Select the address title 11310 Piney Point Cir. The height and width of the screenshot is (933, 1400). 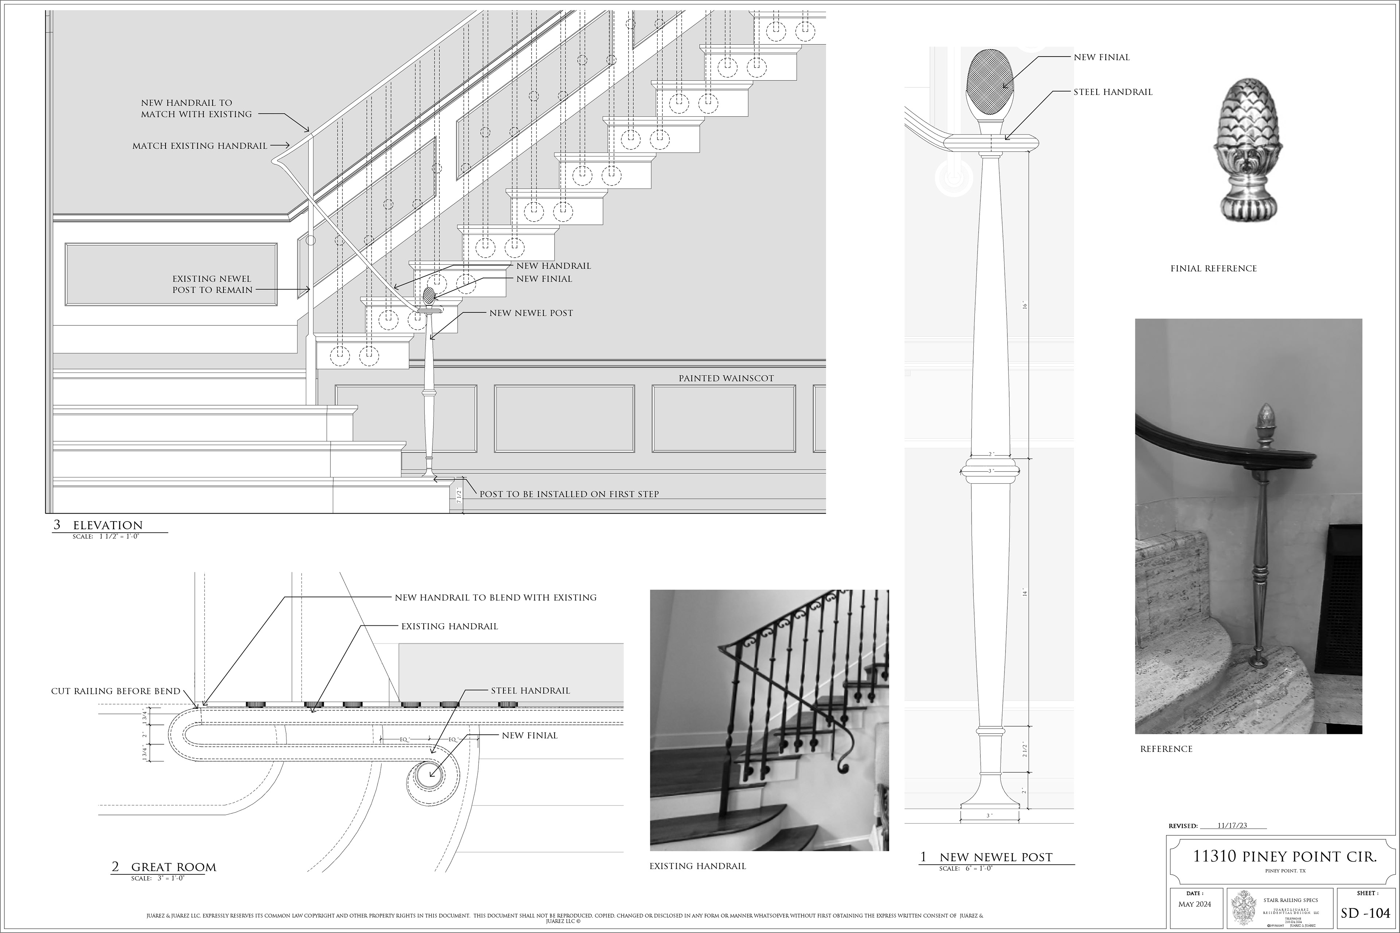1284,857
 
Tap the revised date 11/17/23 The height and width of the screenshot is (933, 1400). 1232,825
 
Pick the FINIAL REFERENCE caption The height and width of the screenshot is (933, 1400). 1213,268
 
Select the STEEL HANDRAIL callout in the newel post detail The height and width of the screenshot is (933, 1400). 1112,92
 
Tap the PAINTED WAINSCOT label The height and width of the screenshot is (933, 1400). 726,378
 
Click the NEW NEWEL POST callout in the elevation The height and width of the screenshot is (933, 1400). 531,313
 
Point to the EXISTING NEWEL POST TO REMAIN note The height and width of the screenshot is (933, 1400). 213,284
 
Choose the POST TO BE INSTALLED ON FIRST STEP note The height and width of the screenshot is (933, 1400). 569,494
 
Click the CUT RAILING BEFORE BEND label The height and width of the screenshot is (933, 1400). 116,691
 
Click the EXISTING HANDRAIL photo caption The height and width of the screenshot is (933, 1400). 697,866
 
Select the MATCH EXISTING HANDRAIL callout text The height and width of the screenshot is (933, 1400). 199,146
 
